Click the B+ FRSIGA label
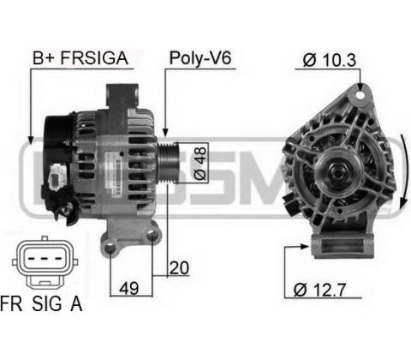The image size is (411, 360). [x=80, y=58]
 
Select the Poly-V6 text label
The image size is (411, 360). [x=200, y=58]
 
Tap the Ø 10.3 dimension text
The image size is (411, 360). [x=330, y=60]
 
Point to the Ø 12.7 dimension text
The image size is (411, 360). [x=319, y=290]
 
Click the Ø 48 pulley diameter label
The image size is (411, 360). [x=200, y=163]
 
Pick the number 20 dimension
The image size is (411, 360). [x=179, y=267]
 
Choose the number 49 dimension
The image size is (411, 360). [x=129, y=288]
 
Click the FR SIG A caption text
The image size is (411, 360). [x=41, y=303]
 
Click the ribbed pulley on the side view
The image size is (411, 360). [x=169, y=163]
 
